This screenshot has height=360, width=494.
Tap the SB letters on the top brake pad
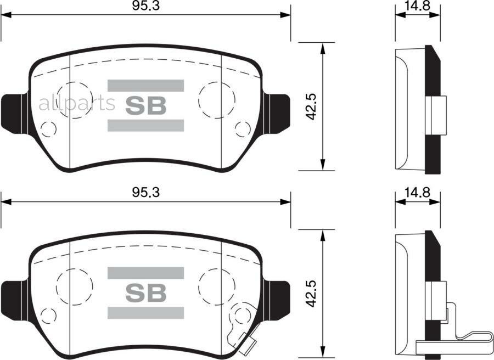click(145, 106)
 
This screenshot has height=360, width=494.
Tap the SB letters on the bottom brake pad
click(145, 294)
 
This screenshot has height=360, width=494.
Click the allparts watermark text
click(76, 103)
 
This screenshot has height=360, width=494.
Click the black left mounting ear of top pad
click(13, 113)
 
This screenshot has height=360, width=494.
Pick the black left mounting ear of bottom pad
click(13, 300)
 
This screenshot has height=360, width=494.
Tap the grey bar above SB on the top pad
click(145, 85)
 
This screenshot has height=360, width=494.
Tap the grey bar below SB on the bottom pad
click(145, 313)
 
